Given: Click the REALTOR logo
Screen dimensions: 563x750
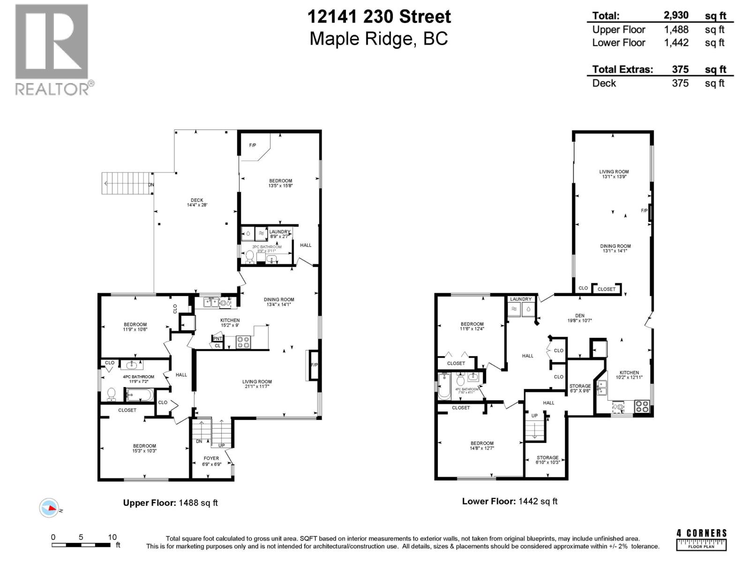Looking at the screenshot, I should point(52,49).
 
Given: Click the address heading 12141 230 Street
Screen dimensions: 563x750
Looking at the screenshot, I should point(379,17).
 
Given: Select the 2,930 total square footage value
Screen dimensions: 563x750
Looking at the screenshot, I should point(676,15).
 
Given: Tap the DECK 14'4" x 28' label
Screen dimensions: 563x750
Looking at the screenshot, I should point(197,202).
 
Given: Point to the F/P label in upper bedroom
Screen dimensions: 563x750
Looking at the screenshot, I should point(253,145).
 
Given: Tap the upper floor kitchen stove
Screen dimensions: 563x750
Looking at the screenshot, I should point(243,342).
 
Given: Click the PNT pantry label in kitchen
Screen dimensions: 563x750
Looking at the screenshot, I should point(217,338).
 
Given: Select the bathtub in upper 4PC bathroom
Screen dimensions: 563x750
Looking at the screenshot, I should point(139,396).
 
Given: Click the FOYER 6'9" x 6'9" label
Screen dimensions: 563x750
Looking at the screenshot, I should point(211,461).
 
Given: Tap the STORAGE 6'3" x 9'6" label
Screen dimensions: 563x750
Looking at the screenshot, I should point(580,388).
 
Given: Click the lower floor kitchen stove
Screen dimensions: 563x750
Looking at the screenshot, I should point(642,406).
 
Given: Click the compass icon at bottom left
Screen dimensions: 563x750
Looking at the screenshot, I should point(49,508).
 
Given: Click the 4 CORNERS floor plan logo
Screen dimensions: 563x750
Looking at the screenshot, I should point(701,540).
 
